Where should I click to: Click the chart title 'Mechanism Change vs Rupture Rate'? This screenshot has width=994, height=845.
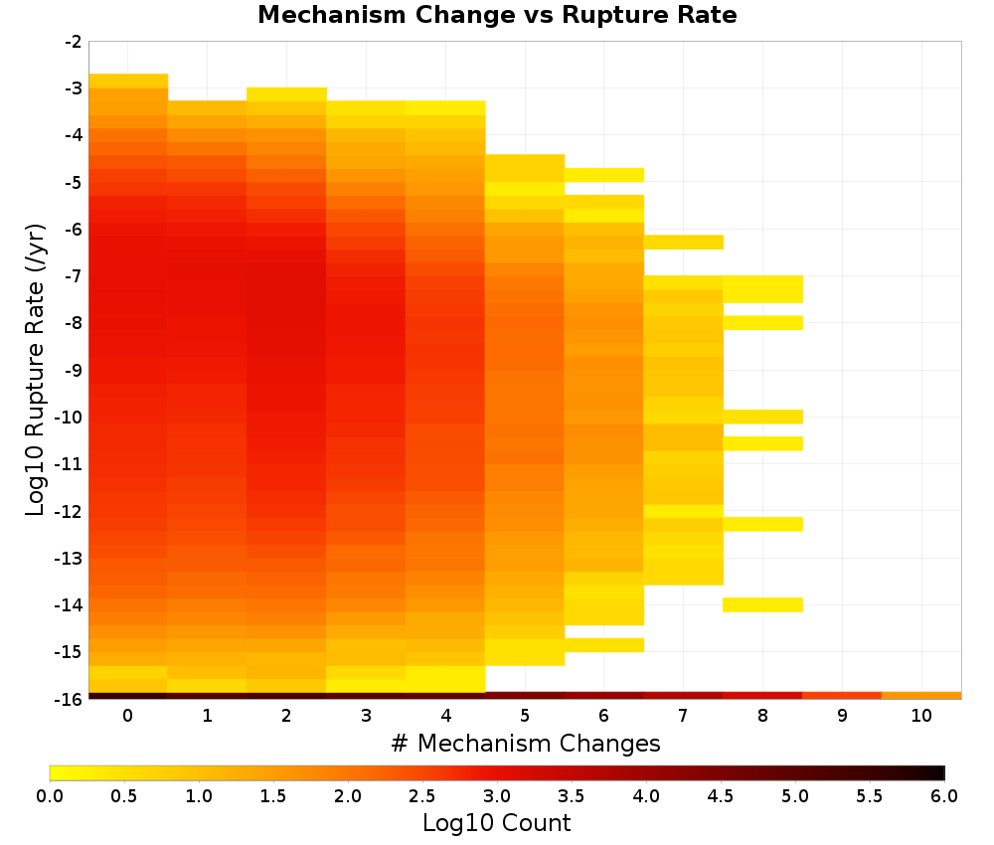click(497, 15)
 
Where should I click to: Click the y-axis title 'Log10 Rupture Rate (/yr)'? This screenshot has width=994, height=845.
click(36, 370)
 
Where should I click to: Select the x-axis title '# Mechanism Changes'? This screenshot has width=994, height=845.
click(526, 743)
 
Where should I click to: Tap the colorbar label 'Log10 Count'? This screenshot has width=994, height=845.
click(496, 823)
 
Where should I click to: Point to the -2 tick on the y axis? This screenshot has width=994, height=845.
click(74, 42)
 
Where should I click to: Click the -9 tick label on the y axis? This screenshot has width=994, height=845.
click(74, 370)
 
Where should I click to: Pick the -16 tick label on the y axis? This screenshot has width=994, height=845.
click(70, 699)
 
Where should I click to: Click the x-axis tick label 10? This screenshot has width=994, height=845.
click(921, 716)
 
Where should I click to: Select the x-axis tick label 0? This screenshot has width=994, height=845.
click(128, 716)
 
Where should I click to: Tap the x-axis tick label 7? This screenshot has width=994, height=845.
click(683, 716)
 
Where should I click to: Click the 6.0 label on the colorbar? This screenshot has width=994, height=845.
click(944, 796)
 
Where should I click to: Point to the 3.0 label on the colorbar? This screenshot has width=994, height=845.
click(497, 796)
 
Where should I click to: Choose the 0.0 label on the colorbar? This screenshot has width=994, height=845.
click(50, 796)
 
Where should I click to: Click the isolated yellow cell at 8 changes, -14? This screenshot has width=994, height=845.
click(762, 604)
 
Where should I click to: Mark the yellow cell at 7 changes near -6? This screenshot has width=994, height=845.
click(684, 243)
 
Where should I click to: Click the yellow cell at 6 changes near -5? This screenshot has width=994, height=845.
click(604, 175)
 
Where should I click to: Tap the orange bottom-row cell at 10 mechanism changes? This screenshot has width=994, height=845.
click(921, 696)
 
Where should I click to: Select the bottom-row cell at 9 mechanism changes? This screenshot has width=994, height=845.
click(842, 696)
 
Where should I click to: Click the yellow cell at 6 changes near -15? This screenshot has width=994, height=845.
click(604, 645)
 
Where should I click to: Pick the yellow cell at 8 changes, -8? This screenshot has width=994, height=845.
click(762, 323)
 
